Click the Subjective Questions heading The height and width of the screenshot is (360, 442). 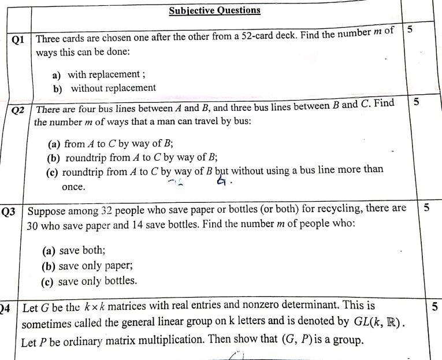pos(214,10)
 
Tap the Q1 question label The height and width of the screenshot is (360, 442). pos(18,40)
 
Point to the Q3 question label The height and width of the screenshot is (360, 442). pos(9,211)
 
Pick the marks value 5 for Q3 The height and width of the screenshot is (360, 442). pos(426,208)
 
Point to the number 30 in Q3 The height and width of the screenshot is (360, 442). pos(34,225)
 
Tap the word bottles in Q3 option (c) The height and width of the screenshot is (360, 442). pos(118,281)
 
